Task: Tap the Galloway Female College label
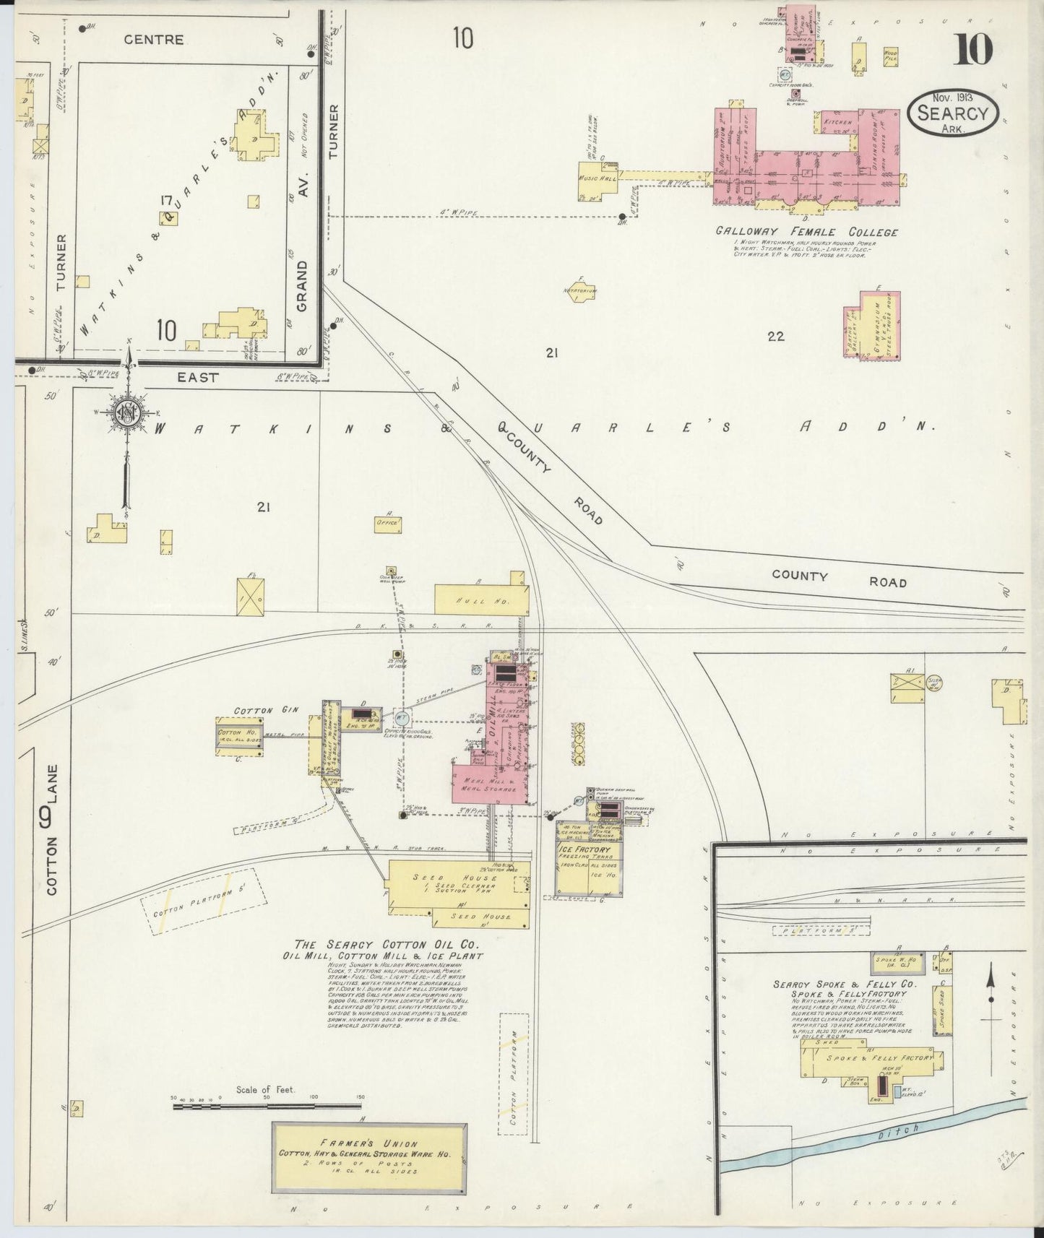[806, 232]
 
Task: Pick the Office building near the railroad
[388, 524]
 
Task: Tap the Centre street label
[153, 40]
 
